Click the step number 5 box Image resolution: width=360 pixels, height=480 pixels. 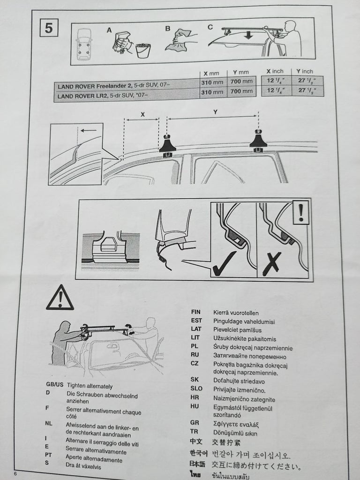point(49,28)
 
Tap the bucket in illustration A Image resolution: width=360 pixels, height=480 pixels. point(143,51)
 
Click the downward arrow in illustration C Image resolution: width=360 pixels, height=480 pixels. point(248,34)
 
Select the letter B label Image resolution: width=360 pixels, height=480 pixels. point(168,29)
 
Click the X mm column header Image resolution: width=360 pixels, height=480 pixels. point(211,74)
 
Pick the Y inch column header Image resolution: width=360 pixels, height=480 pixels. point(305,71)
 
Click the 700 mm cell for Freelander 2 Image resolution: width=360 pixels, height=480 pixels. point(241,82)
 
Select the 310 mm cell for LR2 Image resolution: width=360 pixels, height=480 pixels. point(212,92)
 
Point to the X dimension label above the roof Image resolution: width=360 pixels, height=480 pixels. point(142,115)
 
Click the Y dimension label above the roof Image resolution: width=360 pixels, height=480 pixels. point(216,112)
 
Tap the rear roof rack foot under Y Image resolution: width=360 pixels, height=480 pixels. point(259,141)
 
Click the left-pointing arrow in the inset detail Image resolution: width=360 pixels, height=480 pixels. point(89,130)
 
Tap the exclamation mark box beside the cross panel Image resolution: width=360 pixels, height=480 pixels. point(300,212)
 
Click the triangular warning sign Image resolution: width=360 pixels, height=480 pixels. point(60,298)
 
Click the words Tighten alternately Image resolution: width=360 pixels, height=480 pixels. point(90,386)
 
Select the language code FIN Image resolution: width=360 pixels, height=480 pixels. point(196,312)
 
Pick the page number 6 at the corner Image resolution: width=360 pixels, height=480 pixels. point(15,473)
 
